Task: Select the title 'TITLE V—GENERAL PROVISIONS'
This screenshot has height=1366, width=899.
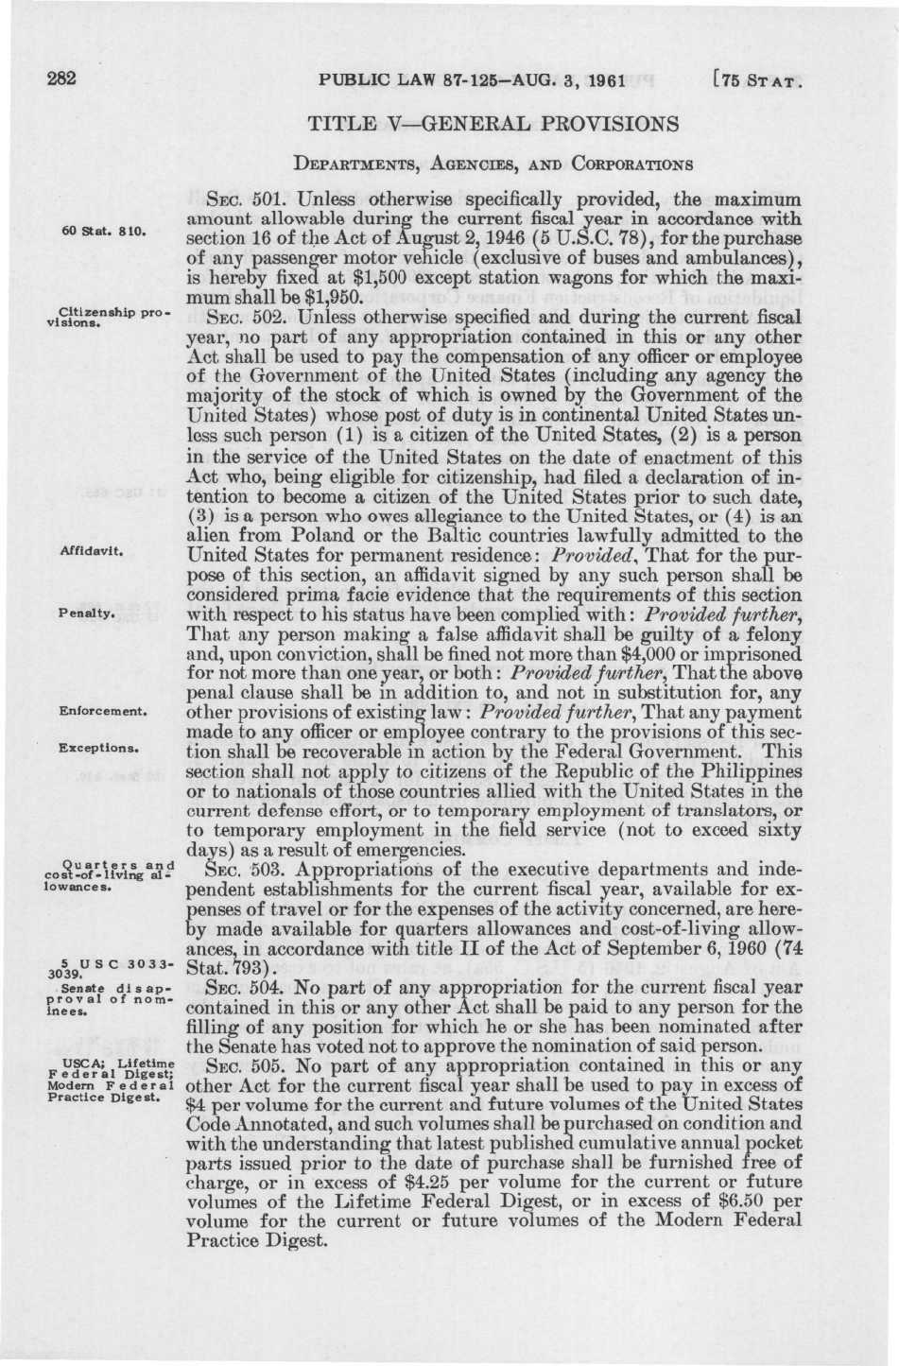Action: (x=494, y=123)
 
